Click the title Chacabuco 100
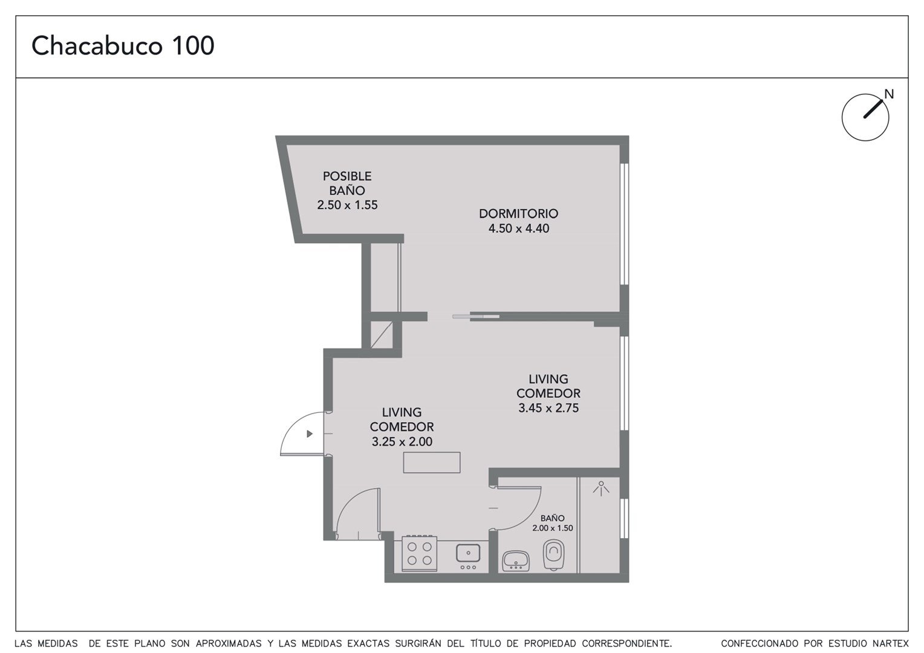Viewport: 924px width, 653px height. tap(123, 45)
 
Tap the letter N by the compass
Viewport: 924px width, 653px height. tap(889, 94)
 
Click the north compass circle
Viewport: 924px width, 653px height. tap(865, 117)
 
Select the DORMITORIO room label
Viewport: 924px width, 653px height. tap(518, 213)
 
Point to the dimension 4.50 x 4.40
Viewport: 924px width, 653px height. tap(519, 229)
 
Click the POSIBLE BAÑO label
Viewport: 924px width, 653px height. tap(347, 183)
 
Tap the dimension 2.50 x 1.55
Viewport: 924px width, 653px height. tap(347, 205)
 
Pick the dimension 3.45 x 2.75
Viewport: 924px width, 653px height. tap(548, 408)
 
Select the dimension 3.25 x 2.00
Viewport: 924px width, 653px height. tap(402, 441)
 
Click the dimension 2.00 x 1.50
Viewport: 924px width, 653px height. tap(553, 528)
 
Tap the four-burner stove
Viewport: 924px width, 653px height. tap(420, 553)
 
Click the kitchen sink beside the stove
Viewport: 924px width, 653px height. tap(468, 553)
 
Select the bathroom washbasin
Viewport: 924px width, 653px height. tap(516, 561)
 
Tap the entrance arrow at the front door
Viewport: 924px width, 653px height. tap(310, 434)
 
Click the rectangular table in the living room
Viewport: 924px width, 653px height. tap(432, 463)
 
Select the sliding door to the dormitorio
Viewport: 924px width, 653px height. tap(476, 317)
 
